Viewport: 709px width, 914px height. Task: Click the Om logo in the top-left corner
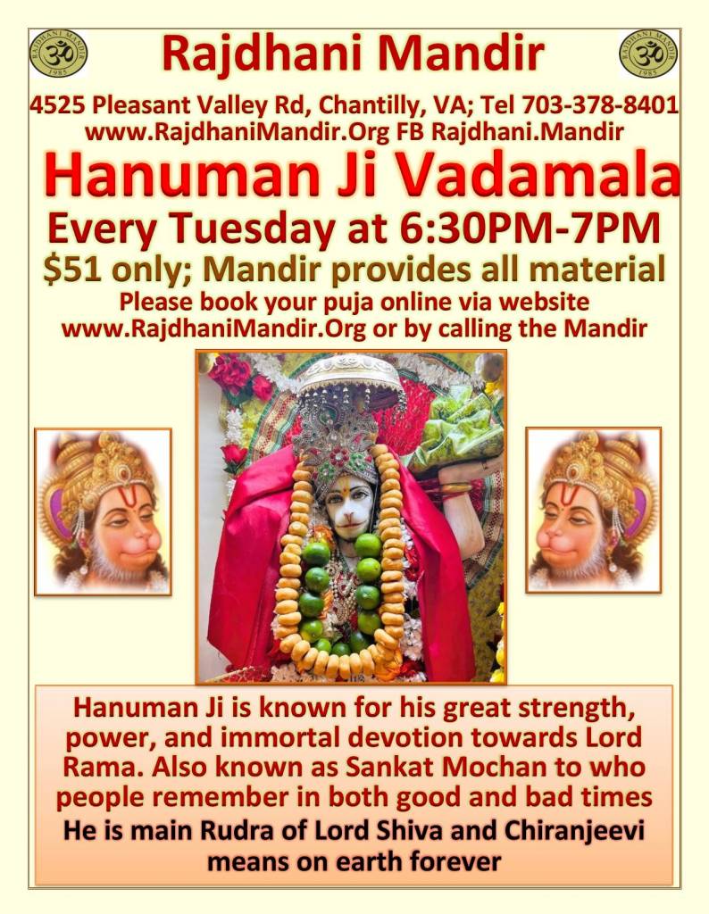(x=58, y=53)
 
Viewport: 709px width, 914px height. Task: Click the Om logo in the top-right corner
(x=649, y=53)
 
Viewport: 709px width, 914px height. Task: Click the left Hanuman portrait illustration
(x=103, y=511)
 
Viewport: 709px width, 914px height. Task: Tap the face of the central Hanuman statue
(x=351, y=501)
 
